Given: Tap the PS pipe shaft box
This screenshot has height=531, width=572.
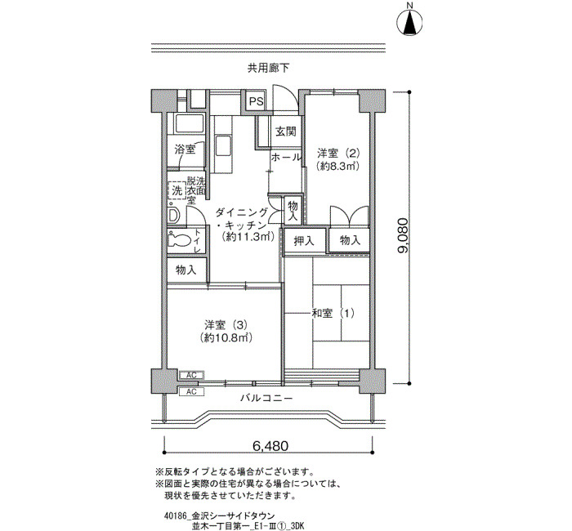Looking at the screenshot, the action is coord(256,101).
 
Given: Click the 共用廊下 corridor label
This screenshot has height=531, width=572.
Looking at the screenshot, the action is coord(269,68).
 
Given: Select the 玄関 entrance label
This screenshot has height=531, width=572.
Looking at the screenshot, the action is coord(286,132).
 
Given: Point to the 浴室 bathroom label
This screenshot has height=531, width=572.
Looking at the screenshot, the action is coord(185,149).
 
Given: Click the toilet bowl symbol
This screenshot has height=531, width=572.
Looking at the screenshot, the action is coord(180,240).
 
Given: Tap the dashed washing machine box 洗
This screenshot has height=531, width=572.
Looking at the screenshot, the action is coord(177,190).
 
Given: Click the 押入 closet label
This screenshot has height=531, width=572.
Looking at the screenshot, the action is coord(304,241).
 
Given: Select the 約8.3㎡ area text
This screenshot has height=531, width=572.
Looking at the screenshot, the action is coord(338,167).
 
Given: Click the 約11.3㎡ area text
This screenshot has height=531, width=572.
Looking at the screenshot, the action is coord(248,237).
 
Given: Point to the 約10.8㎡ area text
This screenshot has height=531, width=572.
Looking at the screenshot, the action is coord(226,337).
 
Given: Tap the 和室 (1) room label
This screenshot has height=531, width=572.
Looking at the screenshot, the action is coord(333,313).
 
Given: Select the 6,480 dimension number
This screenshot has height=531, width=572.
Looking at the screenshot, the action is coord(270,446).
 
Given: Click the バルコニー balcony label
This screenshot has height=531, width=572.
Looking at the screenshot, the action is coord(266,398).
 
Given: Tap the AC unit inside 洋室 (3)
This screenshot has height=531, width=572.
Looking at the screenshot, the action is coord(191,375).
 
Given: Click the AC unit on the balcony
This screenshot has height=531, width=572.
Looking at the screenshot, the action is coord(191,391).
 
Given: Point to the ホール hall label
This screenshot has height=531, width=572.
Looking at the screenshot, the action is coord(286,157).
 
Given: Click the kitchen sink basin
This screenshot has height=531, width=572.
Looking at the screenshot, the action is coord(222,146).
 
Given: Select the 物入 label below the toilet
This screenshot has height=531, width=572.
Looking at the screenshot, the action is coord(186,270).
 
